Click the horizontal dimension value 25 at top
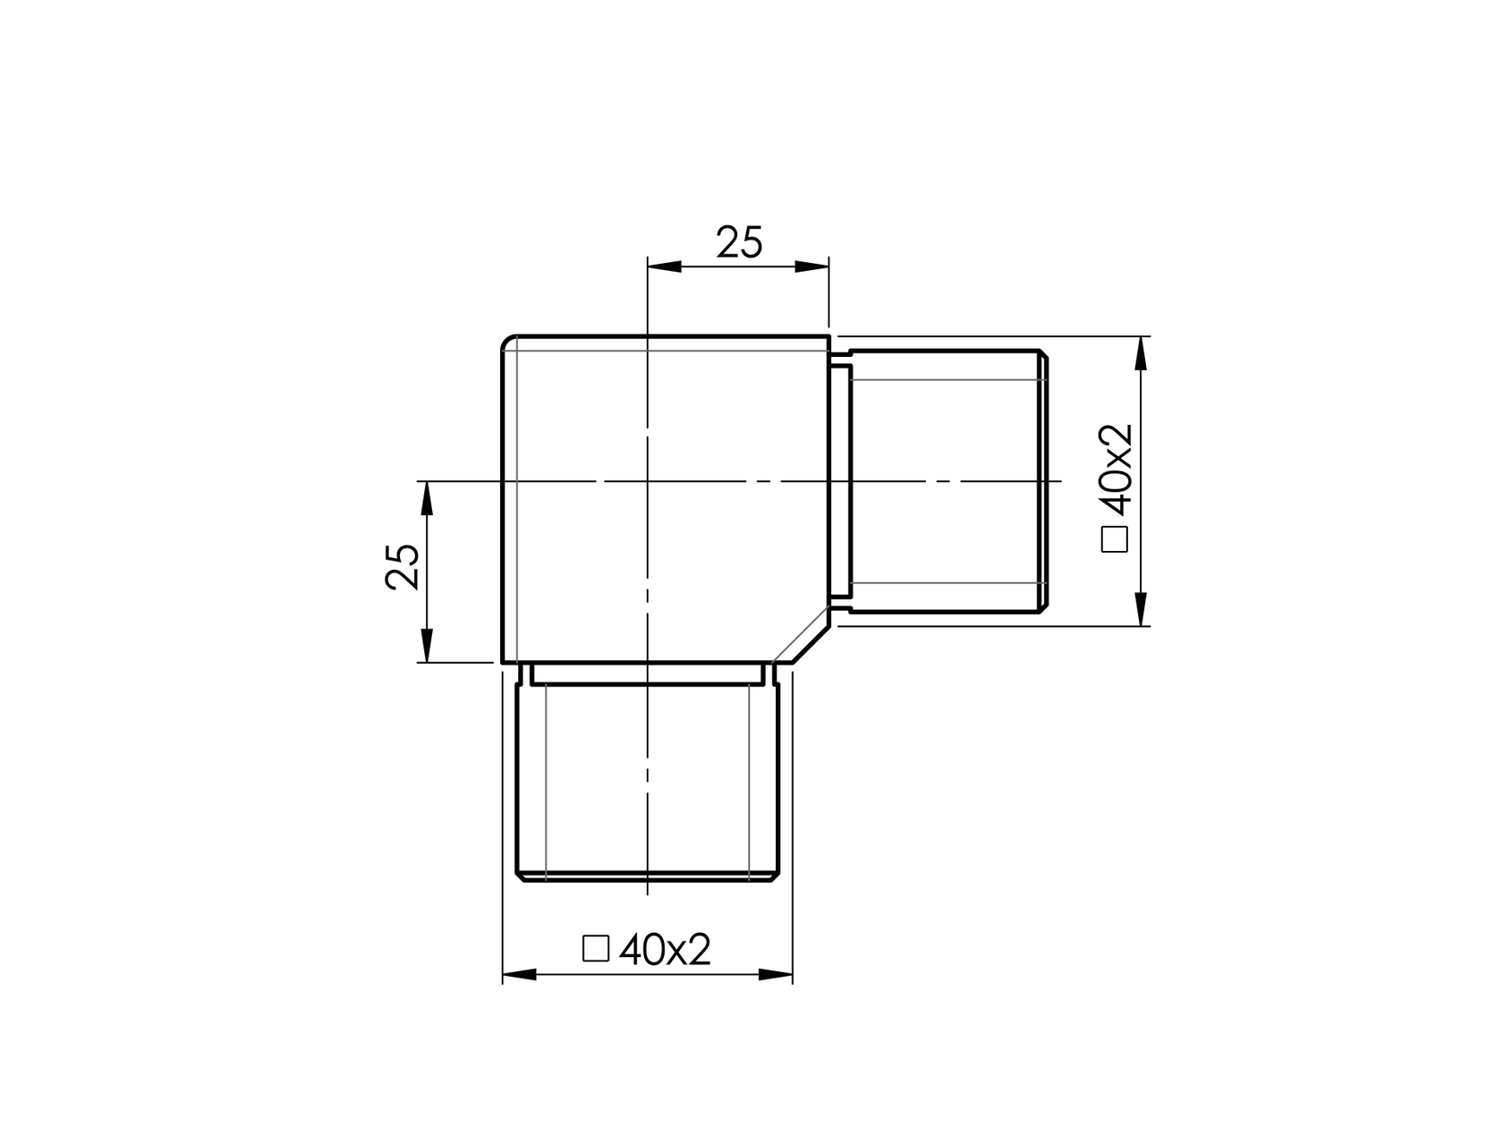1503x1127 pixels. tap(739, 243)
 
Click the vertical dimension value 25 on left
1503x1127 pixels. tap(403, 566)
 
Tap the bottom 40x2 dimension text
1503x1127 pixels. tap(665, 950)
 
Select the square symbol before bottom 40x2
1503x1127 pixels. tap(595, 948)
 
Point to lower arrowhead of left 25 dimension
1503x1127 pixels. tap(427, 646)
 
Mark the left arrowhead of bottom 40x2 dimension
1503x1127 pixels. tap(519, 975)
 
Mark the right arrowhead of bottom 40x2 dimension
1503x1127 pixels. tap(776, 975)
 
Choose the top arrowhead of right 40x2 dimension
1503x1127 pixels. tap(1140, 353)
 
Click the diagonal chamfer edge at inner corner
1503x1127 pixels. tap(802, 636)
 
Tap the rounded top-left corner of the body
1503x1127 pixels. tap(505, 342)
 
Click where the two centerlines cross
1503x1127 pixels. tap(647, 482)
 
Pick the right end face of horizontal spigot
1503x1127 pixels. tap(1045, 482)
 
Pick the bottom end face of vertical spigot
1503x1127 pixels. tap(647, 880)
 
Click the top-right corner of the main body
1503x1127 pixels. tap(829, 337)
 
